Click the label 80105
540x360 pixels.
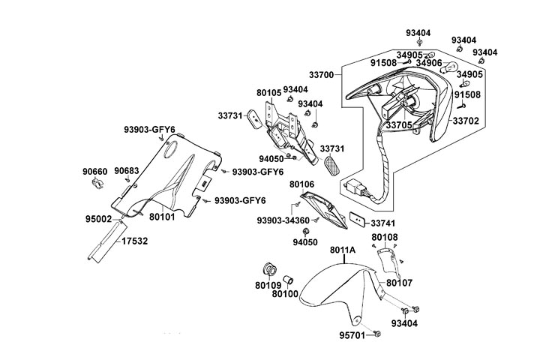tap(268, 93)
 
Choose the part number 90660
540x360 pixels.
tap(95, 171)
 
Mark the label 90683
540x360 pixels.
tap(126, 171)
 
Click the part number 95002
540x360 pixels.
tap(98, 219)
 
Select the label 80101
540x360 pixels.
tap(162, 217)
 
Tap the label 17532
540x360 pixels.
tap(134, 241)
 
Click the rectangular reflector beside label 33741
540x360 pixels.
tap(358, 220)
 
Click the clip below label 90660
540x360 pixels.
tap(96, 184)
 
